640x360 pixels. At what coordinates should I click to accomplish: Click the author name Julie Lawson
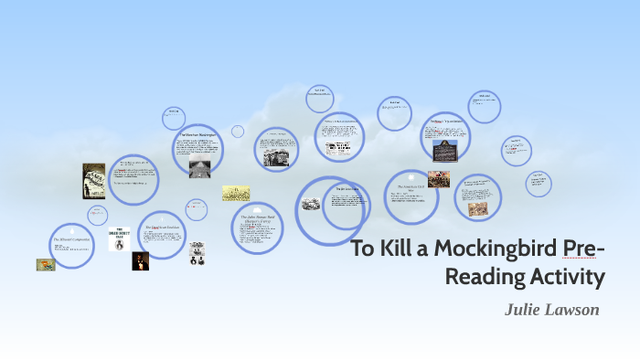click(551, 310)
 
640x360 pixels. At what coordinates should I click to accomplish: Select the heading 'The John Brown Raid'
click(257, 217)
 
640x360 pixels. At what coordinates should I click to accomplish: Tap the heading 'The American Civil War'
click(409, 185)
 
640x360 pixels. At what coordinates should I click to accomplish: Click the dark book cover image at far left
click(93, 180)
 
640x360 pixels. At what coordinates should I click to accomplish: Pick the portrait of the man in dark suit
click(139, 261)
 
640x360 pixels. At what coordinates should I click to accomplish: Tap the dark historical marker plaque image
click(445, 150)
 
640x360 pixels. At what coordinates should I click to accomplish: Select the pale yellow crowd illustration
click(236, 194)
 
